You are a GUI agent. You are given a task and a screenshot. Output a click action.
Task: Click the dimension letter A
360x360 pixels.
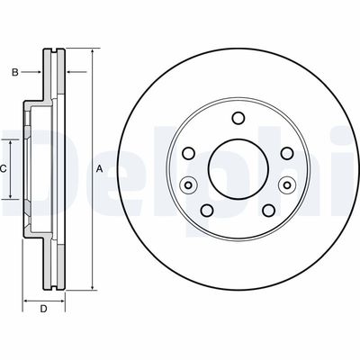point(99,169)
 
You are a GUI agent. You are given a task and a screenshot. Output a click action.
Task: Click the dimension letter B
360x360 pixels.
point(15,72)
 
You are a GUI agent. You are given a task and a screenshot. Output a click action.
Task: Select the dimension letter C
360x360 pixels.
point(3,169)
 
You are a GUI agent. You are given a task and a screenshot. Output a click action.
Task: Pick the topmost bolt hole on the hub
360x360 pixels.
point(238,118)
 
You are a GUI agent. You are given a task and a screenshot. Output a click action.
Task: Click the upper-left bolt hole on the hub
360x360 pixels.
point(188,153)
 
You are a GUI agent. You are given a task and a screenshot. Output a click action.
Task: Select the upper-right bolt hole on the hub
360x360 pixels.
point(287,153)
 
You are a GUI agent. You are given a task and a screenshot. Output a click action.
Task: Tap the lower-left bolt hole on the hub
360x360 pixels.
point(207,211)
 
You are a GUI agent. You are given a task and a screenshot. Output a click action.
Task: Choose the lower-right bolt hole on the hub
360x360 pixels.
point(268,211)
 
